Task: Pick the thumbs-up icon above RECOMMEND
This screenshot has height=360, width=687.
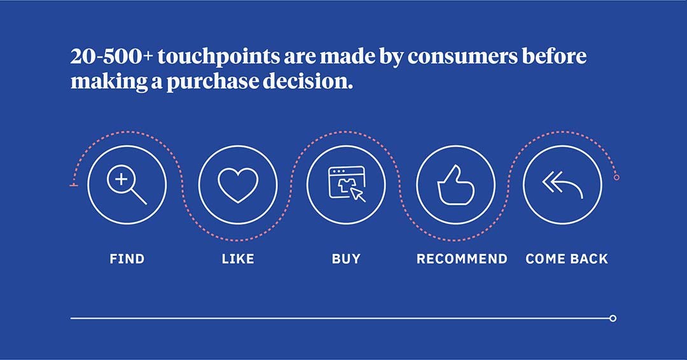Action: pos(455,185)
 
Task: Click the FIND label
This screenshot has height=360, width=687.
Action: pos(127,259)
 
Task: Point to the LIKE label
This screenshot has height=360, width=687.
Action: pos(238,259)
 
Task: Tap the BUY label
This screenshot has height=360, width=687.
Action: pos(346,259)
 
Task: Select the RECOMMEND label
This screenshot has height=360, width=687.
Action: pos(462,259)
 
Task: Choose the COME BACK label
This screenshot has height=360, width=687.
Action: pos(567,259)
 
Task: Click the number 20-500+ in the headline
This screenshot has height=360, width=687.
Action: pos(112,56)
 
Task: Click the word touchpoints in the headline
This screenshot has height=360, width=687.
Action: pos(219,57)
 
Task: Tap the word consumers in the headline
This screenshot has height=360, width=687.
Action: pos(462,57)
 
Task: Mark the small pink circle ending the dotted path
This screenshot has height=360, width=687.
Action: pos(616,177)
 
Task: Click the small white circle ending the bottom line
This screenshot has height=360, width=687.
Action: pos(613,319)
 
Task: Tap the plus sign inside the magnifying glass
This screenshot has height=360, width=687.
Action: pos(121,179)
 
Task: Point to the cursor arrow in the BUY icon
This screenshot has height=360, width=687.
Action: pos(357,195)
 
